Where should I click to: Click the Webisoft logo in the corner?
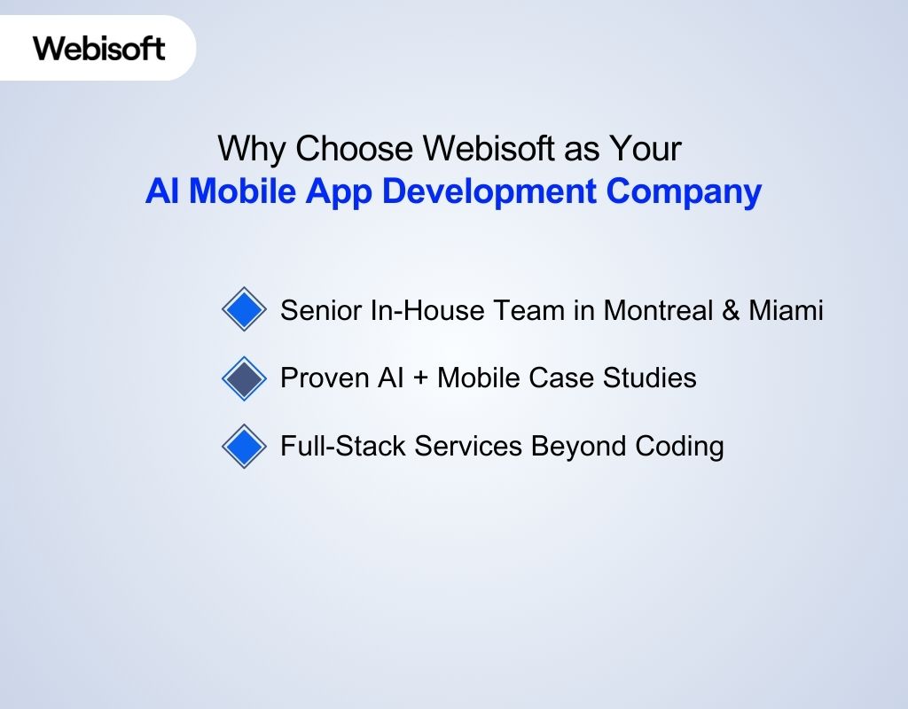click(99, 47)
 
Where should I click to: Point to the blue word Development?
click(499, 191)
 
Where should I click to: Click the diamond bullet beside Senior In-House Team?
click(244, 310)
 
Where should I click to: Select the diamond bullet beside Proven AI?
click(244, 378)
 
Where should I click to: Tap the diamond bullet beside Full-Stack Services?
click(244, 447)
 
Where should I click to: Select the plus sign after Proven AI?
click(417, 378)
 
